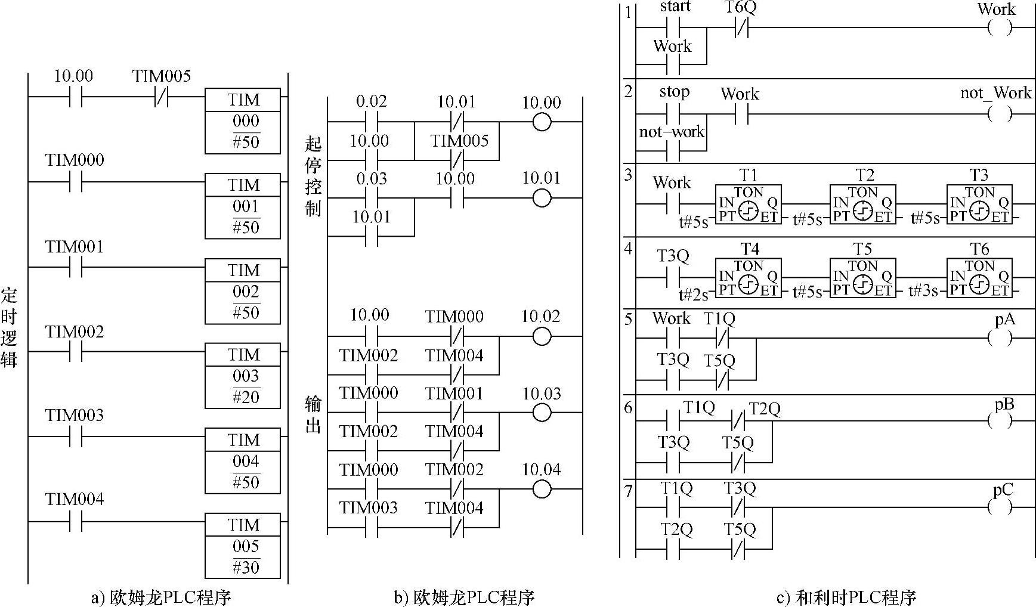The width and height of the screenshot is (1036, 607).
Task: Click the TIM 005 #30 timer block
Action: pos(243,546)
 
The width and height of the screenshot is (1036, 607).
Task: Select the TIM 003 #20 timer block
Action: pos(243,376)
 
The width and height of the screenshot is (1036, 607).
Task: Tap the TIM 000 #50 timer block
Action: pos(243,121)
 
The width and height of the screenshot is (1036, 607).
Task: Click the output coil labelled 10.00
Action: pos(542,122)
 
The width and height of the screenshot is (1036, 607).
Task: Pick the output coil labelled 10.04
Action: pos(542,489)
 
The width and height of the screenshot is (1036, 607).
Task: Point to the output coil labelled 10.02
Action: pos(542,336)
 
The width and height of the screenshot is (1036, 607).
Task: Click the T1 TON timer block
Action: pos(748,204)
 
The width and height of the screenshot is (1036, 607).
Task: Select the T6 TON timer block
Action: pos(979,277)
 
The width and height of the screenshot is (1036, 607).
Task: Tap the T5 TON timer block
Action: pos(862,277)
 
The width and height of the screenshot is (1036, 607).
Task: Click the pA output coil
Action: pos(1000,338)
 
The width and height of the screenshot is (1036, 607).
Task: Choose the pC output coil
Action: pos(1000,507)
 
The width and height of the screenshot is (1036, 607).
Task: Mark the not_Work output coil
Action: pos(1000,113)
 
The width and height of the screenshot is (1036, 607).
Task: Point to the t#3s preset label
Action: pos(923,292)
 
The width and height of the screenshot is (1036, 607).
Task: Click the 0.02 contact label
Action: pos(371,101)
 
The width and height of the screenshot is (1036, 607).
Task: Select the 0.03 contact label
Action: pos(371,178)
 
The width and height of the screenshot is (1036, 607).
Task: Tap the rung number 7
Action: pos(628,491)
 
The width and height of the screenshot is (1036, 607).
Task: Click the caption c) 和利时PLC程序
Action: pos(846,596)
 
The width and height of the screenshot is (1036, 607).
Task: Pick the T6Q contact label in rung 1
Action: pos(740,8)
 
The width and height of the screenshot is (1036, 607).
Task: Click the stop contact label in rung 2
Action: pos(675,92)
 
